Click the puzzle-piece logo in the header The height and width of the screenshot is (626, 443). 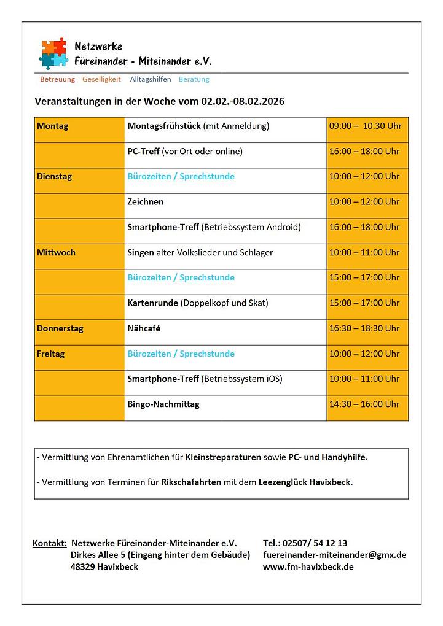pos(53,53)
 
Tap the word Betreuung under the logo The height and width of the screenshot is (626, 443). pos(57,79)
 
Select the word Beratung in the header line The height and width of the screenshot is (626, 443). pos(194,79)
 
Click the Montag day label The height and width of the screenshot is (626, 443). pos(53,126)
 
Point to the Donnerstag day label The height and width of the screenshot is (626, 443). pos(60,328)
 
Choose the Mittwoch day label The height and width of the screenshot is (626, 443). pos(56,252)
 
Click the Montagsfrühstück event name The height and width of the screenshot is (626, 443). pos(164,126)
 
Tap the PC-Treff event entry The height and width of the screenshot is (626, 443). pos(144,151)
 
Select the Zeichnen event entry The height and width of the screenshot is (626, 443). pos(146,201)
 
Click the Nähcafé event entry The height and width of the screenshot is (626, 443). pos(144,328)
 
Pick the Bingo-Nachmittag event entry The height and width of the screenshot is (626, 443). pos(163,404)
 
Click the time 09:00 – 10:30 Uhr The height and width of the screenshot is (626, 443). pos(365,126)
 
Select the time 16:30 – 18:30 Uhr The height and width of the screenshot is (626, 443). pos(364,328)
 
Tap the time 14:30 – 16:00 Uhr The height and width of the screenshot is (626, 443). pos(364,404)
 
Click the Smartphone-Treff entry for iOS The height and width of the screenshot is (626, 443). pos(205,379)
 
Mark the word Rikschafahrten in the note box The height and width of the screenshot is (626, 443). pos(190,482)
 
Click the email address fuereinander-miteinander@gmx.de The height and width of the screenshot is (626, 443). pos(334,555)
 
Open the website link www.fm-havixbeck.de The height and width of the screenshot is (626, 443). pos(308,566)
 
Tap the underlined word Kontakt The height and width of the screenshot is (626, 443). pos(49,543)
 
